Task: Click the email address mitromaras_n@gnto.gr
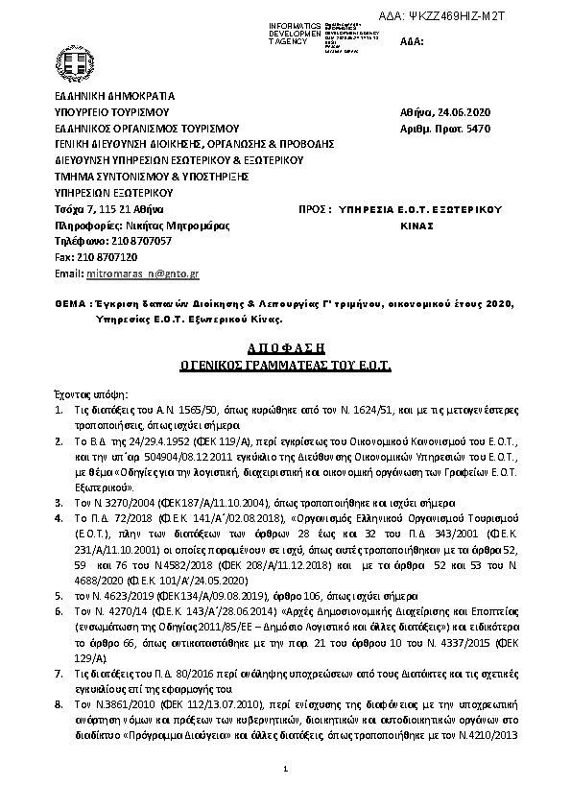pos(141,273)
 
